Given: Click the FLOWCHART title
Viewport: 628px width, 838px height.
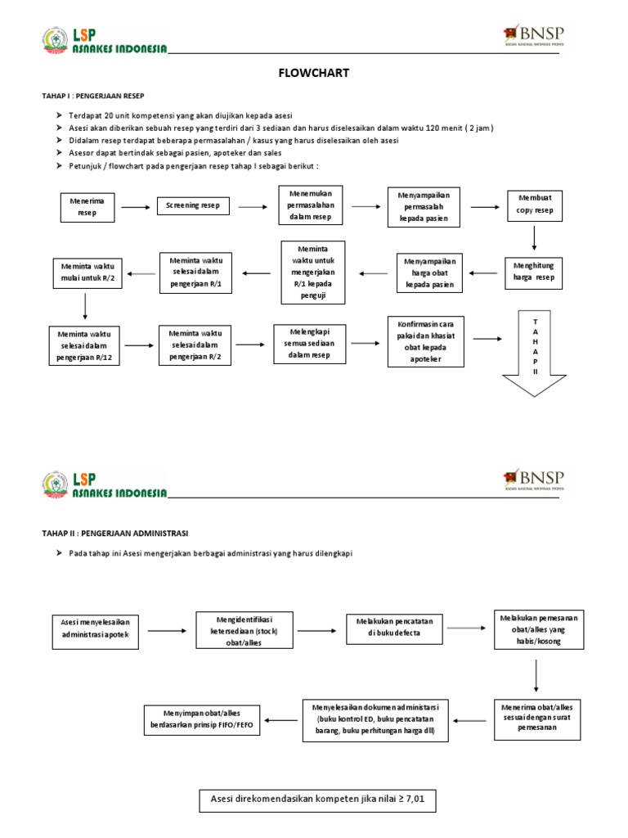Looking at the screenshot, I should (314, 74).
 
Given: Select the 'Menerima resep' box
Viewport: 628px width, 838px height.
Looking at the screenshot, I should (87, 207).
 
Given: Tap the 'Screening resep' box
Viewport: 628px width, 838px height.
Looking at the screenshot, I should (193, 206).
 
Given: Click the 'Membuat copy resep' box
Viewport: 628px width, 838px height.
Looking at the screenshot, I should (534, 205).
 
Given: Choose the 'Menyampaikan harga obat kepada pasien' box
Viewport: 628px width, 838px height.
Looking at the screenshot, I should (429, 273).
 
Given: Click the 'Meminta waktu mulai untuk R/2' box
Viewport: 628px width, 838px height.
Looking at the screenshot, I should (86, 271).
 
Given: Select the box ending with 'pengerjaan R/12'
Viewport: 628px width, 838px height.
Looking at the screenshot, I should (84, 346).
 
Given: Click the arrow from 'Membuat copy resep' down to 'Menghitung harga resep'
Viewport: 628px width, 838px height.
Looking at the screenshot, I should (534, 237).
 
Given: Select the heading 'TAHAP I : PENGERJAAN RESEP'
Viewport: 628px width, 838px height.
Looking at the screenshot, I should (92, 97).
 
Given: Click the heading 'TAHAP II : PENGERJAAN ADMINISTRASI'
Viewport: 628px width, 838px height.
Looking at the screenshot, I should (114, 533).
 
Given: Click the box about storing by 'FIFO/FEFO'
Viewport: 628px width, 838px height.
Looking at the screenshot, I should (202, 720).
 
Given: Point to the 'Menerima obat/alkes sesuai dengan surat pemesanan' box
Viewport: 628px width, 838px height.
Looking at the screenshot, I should (536, 717).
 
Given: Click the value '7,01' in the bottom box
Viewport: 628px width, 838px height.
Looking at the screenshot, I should (415, 799).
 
